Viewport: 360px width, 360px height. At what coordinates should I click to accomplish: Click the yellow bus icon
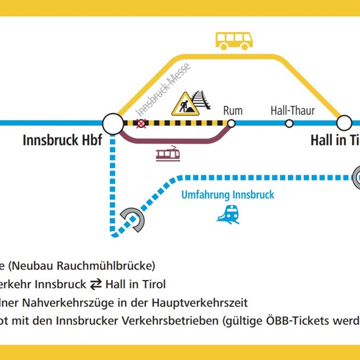click(234, 41)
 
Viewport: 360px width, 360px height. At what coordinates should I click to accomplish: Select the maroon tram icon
click(167, 154)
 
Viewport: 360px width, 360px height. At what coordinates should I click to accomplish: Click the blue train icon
click(228, 214)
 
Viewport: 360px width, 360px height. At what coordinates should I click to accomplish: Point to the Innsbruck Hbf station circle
click(113, 123)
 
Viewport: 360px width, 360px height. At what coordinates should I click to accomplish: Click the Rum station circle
click(231, 123)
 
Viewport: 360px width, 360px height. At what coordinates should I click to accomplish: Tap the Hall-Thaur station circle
click(289, 123)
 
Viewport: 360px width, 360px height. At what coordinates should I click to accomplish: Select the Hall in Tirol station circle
click(344, 123)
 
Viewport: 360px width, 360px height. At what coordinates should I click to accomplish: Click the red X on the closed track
click(142, 123)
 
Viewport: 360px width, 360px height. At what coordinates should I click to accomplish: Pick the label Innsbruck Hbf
click(62, 140)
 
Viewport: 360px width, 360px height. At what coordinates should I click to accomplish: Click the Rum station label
click(233, 110)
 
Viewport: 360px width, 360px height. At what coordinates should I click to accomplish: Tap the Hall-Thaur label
click(292, 110)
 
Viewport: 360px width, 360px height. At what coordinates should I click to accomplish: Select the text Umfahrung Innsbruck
click(228, 195)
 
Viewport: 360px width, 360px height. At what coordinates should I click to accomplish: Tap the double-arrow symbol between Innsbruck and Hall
click(96, 284)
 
